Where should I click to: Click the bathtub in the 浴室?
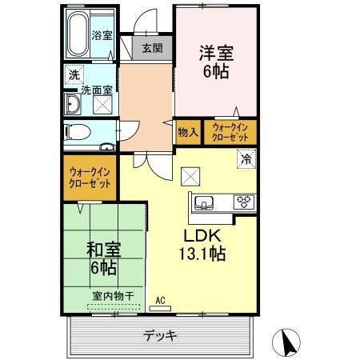[77, 34]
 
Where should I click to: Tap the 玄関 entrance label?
[153, 48]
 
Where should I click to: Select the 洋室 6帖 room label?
[215, 60]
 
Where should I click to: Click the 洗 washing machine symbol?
[73, 75]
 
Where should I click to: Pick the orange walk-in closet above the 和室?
[90, 177]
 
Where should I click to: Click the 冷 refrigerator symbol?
[246, 158]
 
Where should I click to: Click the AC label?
[160, 301]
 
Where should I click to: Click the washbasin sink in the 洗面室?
[74, 104]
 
